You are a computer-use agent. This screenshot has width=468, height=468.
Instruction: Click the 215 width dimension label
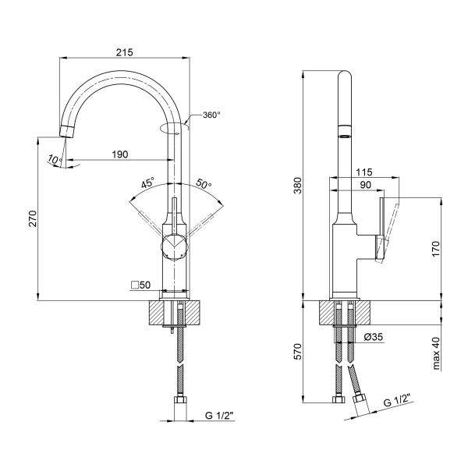click(124, 52)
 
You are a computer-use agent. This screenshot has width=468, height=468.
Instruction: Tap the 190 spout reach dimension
click(119, 154)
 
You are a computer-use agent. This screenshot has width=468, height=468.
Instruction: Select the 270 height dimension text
click(33, 218)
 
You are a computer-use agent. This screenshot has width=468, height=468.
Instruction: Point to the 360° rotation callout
click(211, 115)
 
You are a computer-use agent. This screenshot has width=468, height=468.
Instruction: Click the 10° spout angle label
click(55, 160)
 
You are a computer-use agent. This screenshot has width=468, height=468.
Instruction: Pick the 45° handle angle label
click(148, 183)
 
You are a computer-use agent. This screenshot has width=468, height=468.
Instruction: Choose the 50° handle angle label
click(204, 183)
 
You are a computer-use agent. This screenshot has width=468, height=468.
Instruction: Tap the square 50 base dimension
click(141, 285)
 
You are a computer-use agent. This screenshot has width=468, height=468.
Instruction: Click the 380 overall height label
click(298, 186)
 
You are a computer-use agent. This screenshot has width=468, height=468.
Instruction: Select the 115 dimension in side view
click(364, 172)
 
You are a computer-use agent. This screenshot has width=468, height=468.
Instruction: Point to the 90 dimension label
click(365, 185)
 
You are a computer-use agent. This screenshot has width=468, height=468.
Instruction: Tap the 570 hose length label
click(298, 351)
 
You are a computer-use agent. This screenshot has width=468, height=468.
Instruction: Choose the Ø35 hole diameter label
click(373, 337)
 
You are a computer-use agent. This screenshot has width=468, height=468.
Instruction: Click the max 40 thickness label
click(436, 353)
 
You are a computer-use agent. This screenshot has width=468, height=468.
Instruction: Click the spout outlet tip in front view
click(66, 132)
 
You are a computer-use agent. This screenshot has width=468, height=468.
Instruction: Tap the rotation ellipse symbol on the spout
click(175, 128)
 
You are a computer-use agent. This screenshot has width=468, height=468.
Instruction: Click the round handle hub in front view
click(174, 246)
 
